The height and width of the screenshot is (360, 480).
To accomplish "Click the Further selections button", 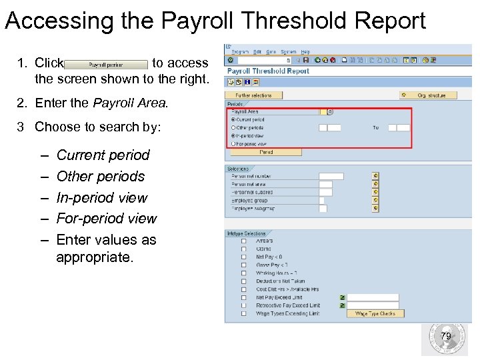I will coord(253,95).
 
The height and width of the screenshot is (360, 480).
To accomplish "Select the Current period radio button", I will coord(233,119).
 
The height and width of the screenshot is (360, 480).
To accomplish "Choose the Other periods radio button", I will coord(233,127).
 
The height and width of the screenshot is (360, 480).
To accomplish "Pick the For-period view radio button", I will coord(233,143).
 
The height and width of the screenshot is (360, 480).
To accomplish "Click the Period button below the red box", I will coord(265,152).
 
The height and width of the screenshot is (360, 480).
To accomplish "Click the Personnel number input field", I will coord(331,176).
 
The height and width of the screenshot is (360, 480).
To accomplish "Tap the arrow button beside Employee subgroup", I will coord(376,208).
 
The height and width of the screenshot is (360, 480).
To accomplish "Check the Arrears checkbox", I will coord(243,241).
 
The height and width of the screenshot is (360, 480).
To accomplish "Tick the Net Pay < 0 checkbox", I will coord(243,257).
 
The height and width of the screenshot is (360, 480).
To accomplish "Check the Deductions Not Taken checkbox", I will coord(243,281).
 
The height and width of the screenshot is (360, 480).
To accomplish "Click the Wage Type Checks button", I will coord(375,313).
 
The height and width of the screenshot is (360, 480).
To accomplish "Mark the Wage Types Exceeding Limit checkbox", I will coord(243,313).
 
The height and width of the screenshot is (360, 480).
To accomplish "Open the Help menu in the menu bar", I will coord(305,51).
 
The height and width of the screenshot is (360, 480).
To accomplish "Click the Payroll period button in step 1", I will coord(106,65).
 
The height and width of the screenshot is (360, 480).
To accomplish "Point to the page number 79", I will coord(446,336).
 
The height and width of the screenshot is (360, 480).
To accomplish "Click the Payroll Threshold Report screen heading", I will coord(268,71).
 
